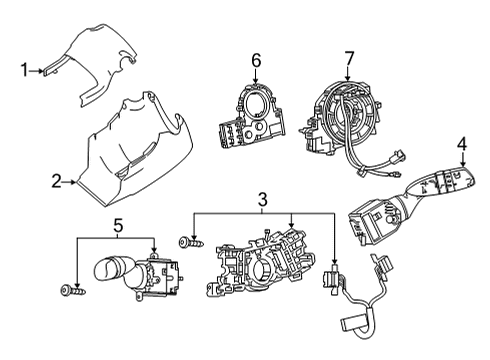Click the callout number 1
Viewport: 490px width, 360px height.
24,70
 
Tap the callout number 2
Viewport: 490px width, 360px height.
57,182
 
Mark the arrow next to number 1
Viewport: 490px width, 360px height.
40,70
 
